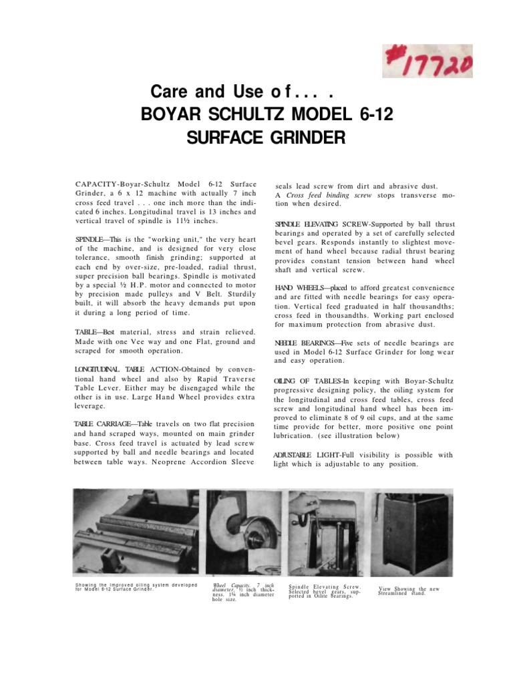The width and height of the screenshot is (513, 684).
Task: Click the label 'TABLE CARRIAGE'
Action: click(x=102, y=425)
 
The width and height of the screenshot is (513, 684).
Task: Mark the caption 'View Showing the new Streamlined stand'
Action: click(x=408, y=591)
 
